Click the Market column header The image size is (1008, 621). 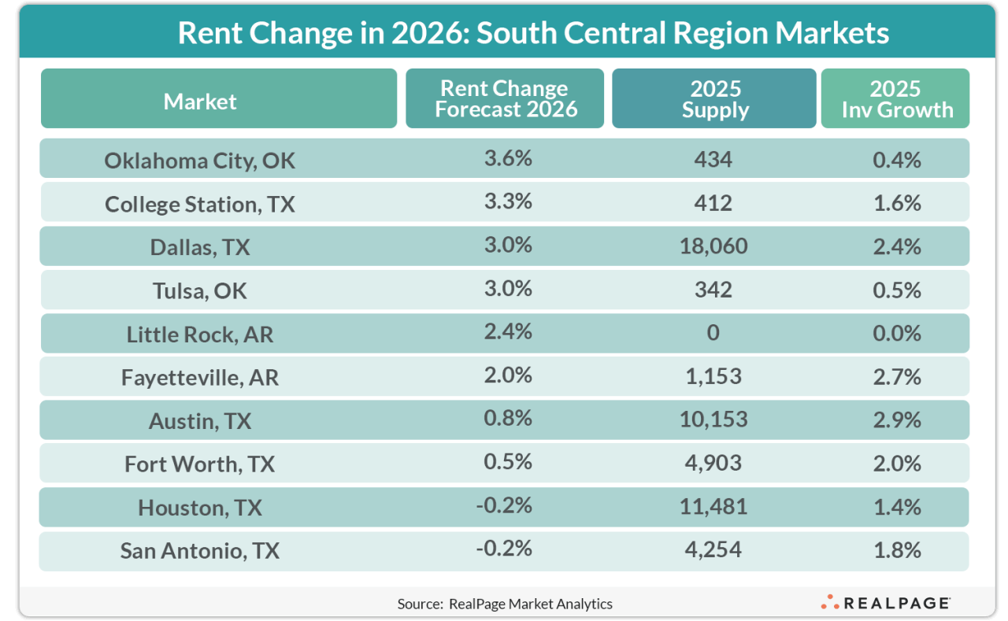point(200,101)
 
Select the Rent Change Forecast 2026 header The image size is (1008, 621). point(505,99)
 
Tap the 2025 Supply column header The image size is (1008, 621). point(713,99)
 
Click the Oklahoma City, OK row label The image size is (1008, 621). point(200,161)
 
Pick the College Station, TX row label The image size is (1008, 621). point(200,204)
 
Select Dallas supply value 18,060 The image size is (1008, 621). point(713,246)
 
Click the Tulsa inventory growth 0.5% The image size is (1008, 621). point(897,290)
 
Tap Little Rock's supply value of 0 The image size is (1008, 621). point(713,333)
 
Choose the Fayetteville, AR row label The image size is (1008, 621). point(200,377)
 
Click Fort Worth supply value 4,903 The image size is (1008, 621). point(713,463)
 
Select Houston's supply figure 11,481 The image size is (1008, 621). point(713,506)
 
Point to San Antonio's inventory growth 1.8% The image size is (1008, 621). point(897,549)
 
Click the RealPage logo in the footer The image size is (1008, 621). point(885,603)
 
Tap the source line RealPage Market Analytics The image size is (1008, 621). point(504,604)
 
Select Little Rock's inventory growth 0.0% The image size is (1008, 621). point(897,333)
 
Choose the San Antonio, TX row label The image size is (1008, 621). point(200,550)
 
